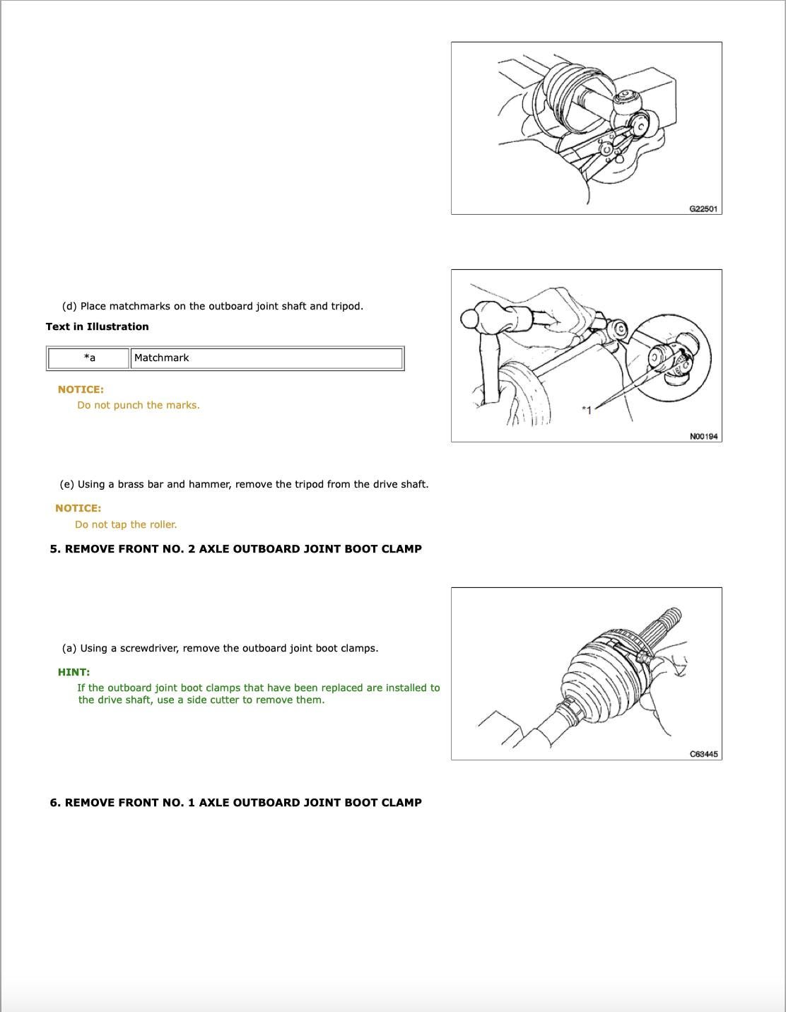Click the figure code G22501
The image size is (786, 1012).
click(703, 208)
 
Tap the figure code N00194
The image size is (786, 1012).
click(703, 436)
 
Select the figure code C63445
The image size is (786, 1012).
click(703, 754)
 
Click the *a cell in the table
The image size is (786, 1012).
click(89, 358)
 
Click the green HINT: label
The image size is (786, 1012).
click(74, 672)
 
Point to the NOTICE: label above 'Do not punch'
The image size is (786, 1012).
click(80, 389)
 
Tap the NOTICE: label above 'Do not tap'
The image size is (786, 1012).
click(78, 508)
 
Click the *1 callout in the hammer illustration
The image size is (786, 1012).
click(585, 409)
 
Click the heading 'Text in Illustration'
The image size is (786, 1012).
click(97, 326)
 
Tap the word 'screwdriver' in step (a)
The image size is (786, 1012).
click(148, 648)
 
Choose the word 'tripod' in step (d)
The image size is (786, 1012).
click(346, 306)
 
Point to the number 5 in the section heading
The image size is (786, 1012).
click(54, 548)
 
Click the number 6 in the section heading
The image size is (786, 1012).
click(54, 802)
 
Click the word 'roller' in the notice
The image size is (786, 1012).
click(162, 524)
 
